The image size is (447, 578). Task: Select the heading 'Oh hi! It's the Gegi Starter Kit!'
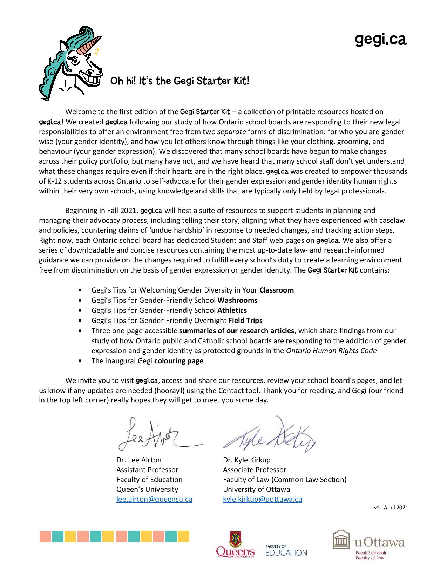point(180,81)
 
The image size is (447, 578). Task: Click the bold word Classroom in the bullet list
point(276,290)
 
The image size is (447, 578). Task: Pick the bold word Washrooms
point(237,300)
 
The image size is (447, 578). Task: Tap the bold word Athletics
point(232,310)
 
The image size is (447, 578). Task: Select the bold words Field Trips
point(245,321)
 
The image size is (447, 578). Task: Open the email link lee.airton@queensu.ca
point(154,499)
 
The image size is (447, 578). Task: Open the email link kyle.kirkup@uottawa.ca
point(262,499)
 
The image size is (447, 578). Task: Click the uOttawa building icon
point(341,540)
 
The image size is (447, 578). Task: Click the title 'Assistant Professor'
point(147,470)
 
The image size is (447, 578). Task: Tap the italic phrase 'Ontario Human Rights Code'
point(331,351)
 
